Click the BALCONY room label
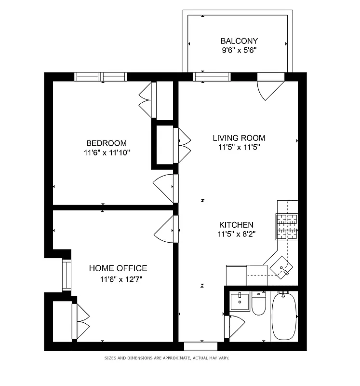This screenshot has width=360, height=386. (x=239, y=41)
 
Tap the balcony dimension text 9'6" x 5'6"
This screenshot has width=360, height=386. (x=239, y=50)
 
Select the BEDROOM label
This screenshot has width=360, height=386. (x=106, y=143)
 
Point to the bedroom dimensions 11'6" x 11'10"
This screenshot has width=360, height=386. (x=106, y=152)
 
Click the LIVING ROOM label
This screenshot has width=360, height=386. (x=239, y=138)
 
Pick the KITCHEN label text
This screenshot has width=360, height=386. (x=236, y=225)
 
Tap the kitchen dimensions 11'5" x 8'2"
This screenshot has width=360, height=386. (x=236, y=234)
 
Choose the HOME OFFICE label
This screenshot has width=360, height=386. (x=118, y=268)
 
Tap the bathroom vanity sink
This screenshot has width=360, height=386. (x=240, y=302)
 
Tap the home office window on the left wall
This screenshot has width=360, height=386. (x=67, y=275)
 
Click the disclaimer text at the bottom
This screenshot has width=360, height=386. (x=167, y=358)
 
